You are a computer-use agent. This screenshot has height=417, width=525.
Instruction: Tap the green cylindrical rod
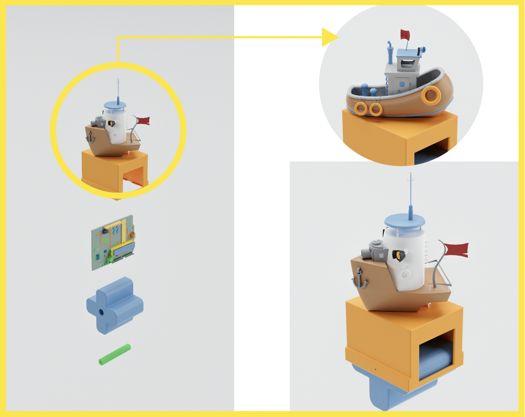[x=114, y=355]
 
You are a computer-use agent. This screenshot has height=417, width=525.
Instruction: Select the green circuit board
[x=113, y=242]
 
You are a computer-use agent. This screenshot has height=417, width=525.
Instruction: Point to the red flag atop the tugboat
[x=405, y=35]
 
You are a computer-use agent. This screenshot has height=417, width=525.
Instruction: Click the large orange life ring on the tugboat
[x=430, y=96]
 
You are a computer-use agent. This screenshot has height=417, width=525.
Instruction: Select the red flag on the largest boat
[x=455, y=249]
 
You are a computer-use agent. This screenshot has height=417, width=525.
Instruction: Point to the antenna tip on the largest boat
[x=410, y=175]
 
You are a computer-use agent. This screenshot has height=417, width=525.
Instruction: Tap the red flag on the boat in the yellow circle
[x=143, y=121]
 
